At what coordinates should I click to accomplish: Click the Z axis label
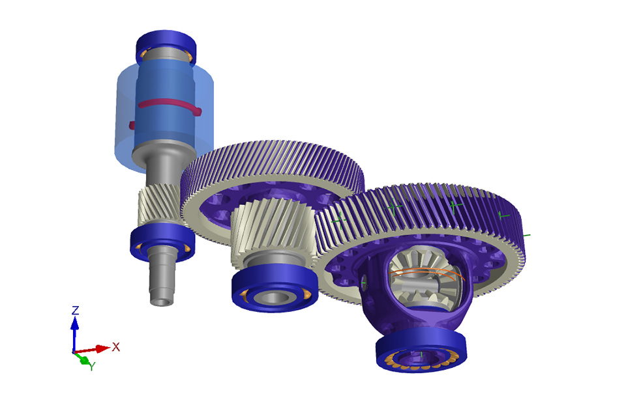tap(75, 310)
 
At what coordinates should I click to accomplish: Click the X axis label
tap(116, 347)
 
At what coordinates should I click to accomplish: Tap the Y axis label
tap(92, 366)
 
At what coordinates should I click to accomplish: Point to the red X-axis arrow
tap(92, 350)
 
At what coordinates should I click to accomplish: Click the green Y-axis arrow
tap(82, 358)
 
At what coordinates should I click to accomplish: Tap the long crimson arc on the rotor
tap(170, 104)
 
